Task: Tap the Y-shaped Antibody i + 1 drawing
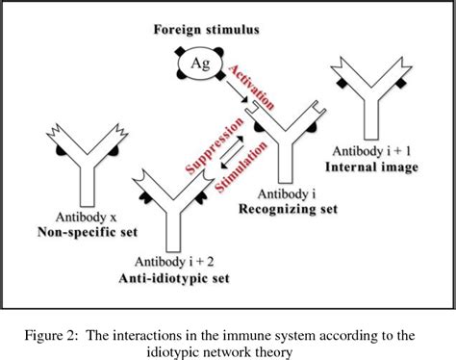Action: pyautogui.click(x=375, y=106)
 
